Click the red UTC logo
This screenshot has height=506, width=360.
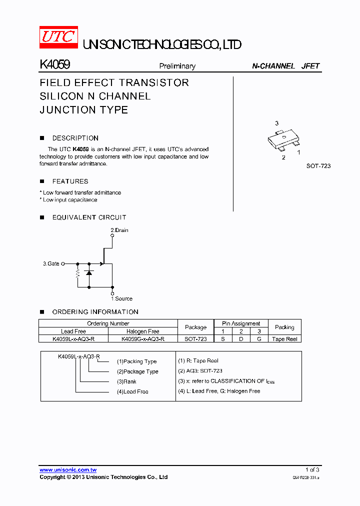point(58,37)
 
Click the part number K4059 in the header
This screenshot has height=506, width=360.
point(54,65)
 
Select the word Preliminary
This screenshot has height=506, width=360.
point(177,66)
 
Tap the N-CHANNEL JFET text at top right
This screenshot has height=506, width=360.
point(285,66)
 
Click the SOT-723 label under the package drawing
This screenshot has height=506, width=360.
point(318,166)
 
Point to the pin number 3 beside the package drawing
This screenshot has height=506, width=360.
point(276,123)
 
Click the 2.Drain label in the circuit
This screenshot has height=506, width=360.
point(119,230)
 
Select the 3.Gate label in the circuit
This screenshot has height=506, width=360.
point(51,263)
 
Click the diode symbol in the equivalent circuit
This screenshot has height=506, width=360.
point(89,272)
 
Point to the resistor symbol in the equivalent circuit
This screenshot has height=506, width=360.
point(77,274)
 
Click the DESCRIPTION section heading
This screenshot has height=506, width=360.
point(75,138)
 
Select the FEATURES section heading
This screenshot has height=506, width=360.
point(70,181)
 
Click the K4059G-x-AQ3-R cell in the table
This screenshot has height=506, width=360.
point(143,338)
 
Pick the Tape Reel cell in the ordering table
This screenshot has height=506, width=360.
point(284,339)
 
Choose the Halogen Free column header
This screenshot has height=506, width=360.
point(143,331)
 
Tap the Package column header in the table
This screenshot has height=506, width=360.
point(195,327)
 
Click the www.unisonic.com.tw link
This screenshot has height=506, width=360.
point(68,470)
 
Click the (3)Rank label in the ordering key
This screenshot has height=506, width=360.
point(126,381)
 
